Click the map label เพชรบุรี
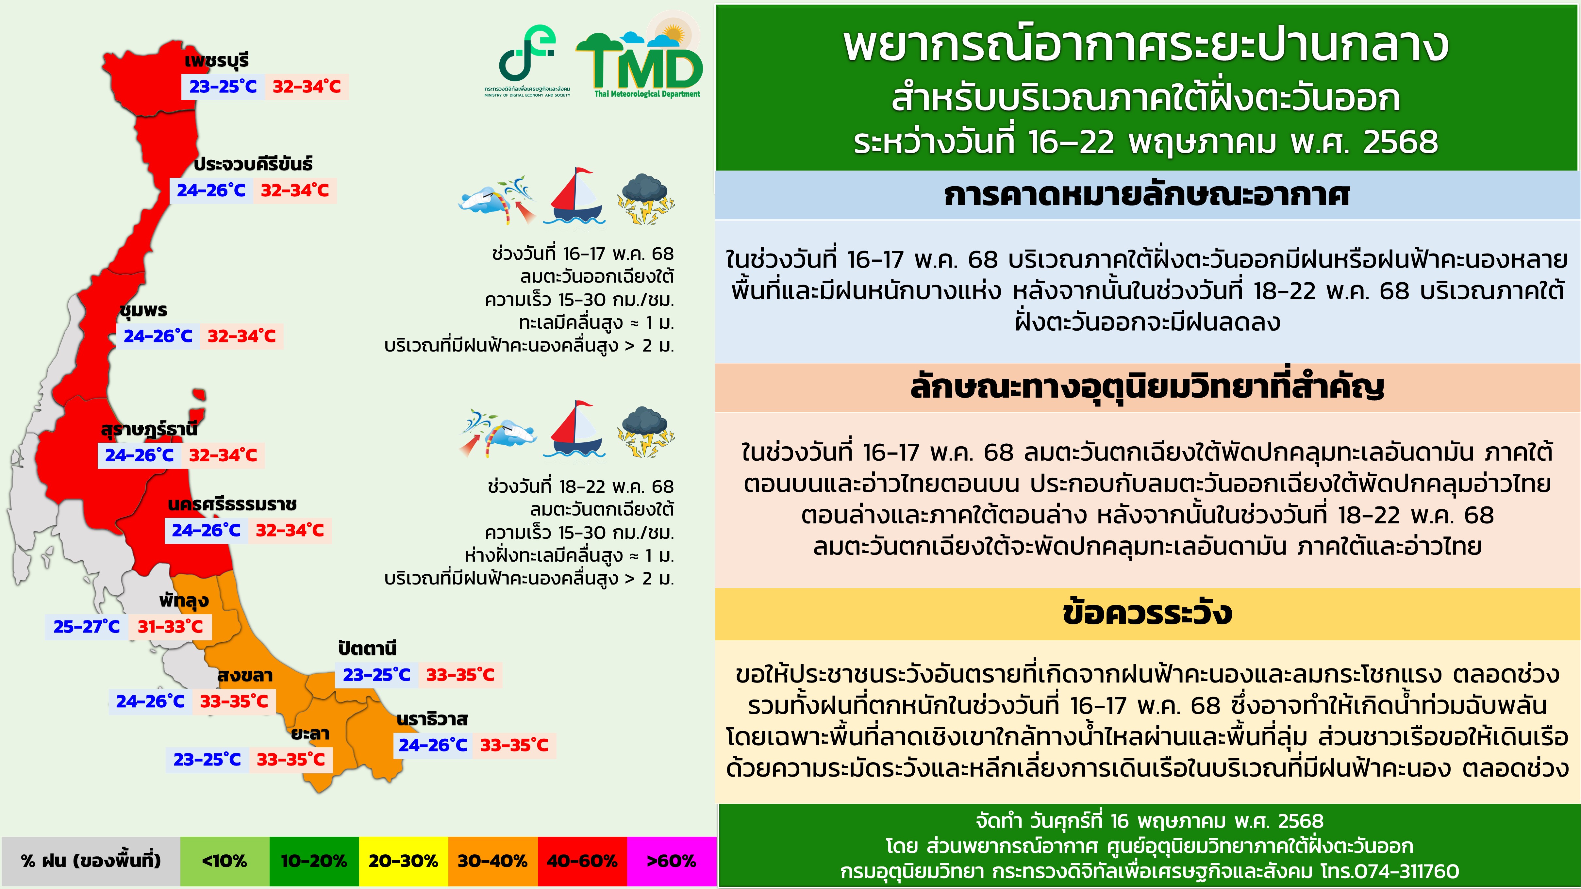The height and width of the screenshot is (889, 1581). pyautogui.click(x=217, y=61)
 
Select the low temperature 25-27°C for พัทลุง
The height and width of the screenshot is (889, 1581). pyautogui.click(x=87, y=626)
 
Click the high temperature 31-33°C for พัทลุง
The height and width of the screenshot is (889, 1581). pyautogui.click(x=170, y=626)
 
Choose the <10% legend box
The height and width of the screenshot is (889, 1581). pyautogui.click(x=225, y=861)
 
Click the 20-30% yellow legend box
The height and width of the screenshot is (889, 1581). pyautogui.click(x=403, y=861)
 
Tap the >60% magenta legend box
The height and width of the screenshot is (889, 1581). pyautogui.click(x=672, y=861)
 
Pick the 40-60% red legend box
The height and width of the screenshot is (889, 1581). pyautogui.click(x=582, y=861)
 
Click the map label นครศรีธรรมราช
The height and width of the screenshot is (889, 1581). pyautogui.click(x=232, y=504)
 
